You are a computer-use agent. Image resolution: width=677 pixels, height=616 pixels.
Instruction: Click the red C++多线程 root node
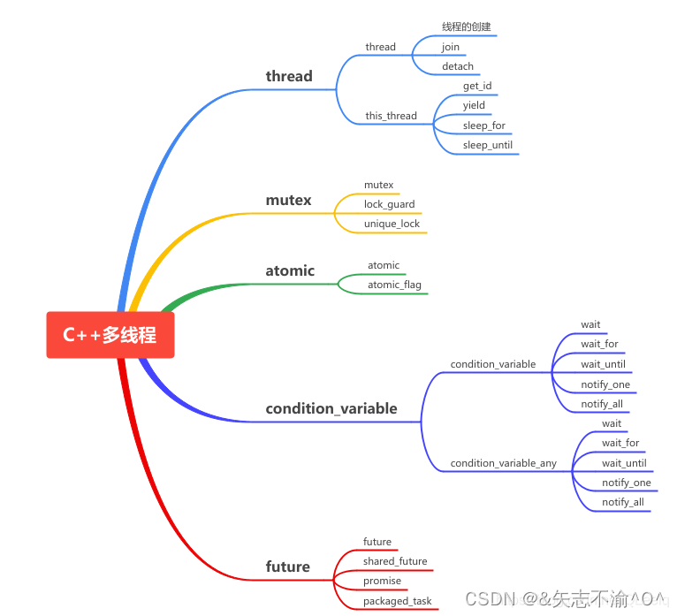(x=110, y=335)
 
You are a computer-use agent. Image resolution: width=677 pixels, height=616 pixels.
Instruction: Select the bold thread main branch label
(x=289, y=76)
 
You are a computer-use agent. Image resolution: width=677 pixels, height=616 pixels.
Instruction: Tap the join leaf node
(x=451, y=47)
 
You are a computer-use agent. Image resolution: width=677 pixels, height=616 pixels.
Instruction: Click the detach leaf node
(x=458, y=66)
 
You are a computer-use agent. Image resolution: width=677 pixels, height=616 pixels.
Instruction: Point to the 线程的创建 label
(x=466, y=27)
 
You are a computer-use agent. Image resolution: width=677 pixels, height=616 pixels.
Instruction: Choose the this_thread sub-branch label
(x=391, y=116)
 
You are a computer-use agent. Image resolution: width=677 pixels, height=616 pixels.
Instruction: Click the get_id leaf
(x=477, y=86)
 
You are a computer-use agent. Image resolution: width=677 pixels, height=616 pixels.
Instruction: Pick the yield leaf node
(x=474, y=105)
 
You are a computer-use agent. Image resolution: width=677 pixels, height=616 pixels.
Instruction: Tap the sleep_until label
(x=487, y=145)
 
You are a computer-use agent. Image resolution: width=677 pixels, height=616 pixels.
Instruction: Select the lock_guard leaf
(x=389, y=204)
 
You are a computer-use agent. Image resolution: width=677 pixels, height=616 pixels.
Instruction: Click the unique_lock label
(x=392, y=224)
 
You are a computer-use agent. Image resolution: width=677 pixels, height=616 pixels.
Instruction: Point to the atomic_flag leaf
(x=394, y=285)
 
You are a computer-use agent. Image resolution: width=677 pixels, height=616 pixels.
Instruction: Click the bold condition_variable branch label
(x=331, y=408)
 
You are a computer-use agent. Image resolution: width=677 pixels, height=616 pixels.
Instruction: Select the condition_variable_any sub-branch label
(x=503, y=463)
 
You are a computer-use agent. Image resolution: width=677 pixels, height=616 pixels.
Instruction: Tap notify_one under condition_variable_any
(x=626, y=483)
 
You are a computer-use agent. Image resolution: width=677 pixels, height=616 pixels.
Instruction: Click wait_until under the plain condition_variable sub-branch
(x=603, y=364)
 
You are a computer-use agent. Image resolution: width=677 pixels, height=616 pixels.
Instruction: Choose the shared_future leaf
(x=394, y=561)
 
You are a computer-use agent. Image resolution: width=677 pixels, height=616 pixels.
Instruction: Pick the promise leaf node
(x=382, y=581)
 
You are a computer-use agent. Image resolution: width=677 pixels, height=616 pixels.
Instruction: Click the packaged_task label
(x=397, y=601)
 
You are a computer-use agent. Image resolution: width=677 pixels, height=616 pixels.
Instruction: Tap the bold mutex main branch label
(x=288, y=200)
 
